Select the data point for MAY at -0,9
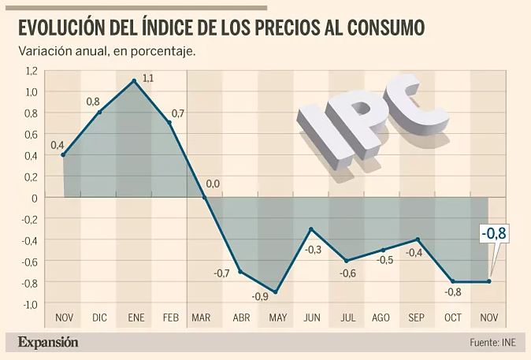(x=275, y=292)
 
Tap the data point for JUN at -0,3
(x=311, y=229)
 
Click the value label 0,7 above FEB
(x=177, y=114)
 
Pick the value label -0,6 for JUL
(x=348, y=273)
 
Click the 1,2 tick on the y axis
(x=31, y=71)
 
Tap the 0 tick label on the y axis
(x=34, y=198)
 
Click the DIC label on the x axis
(x=99, y=318)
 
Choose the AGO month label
(x=381, y=318)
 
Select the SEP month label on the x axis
(x=417, y=318)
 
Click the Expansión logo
(x=48, y=342)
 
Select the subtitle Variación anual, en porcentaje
(x=106, y=51)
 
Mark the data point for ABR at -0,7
(x=240, y=272)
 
